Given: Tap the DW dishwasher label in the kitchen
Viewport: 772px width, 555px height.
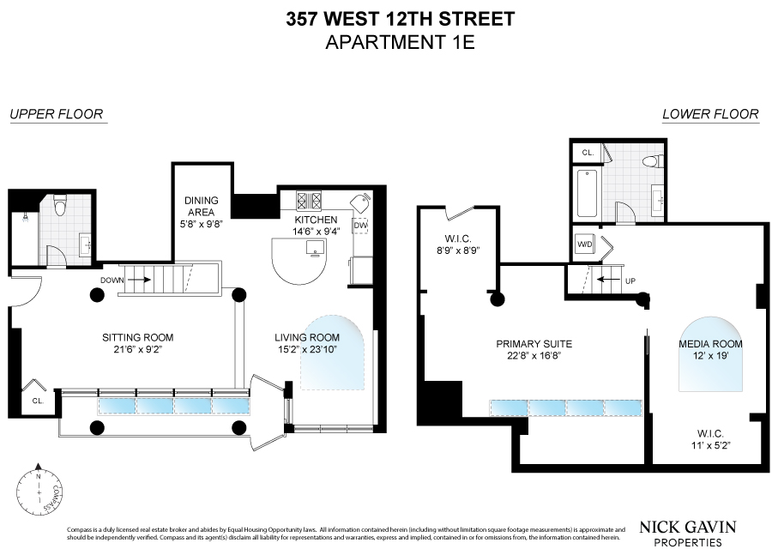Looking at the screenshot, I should pyautogui.click(x=360, y=226).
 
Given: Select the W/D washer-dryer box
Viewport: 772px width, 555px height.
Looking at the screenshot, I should pyautogui.click(x=585, y=244).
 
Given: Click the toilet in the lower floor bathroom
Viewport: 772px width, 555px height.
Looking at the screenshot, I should pyautogui.click(x=654, y=160).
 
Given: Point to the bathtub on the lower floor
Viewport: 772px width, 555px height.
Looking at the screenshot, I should pyautogui.click(x=588, y=193).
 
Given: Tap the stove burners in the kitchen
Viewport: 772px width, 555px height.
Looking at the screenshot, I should pyautogui.click(x=309, y=201).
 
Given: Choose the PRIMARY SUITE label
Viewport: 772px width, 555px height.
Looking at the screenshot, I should pyautogui.click(x=534, y=344).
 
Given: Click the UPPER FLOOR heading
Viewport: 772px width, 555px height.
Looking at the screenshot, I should pyautogui.click(x=57, y=114).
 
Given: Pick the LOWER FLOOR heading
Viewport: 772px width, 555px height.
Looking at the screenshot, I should pyautogui.click(x=710, y=114).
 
